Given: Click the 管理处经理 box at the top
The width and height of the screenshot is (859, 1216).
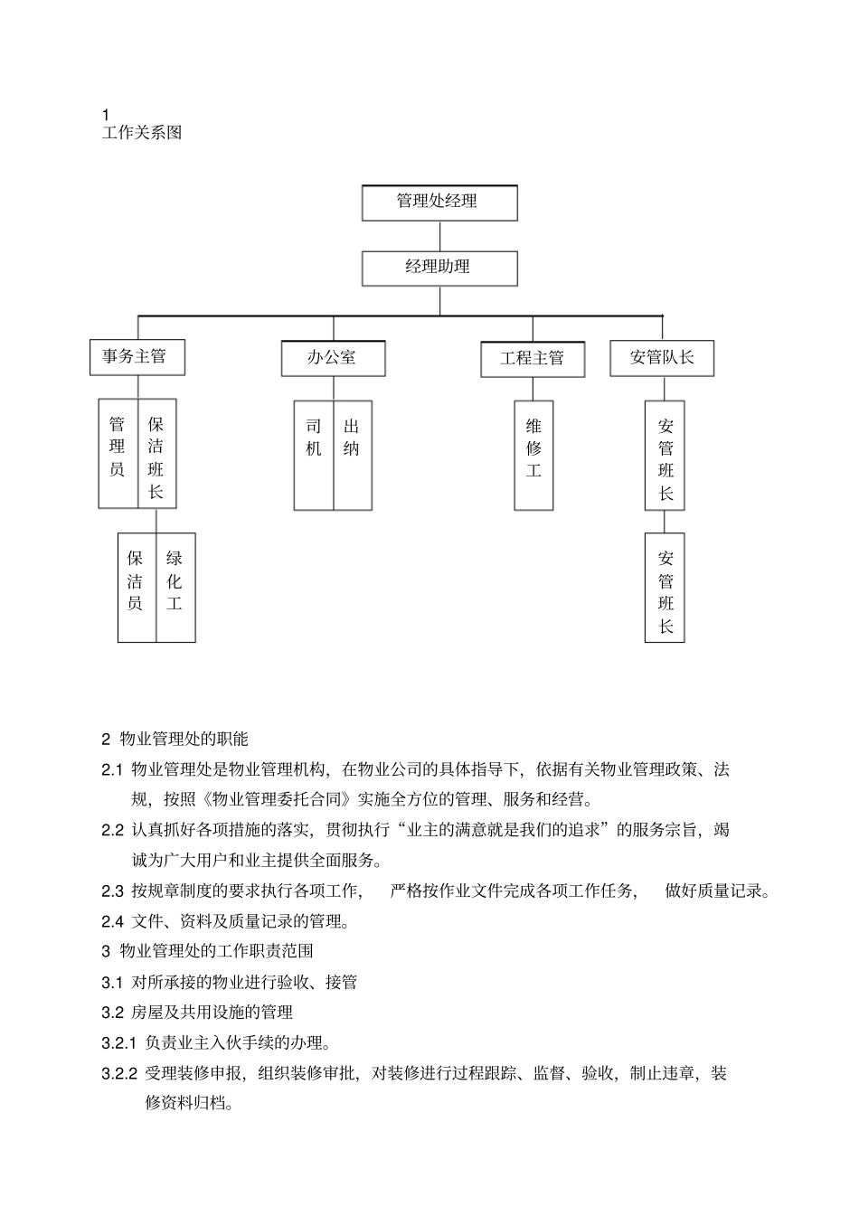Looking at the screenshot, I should click(439, 203).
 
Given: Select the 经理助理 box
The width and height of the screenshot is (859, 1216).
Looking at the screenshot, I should click(439, 269).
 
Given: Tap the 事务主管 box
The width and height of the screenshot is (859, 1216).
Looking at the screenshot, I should click(137, 357).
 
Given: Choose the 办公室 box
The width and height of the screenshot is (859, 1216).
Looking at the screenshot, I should click(333, 358).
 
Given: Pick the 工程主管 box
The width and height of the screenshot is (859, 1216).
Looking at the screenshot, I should click(533, 359).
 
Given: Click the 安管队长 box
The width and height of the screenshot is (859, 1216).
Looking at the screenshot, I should click(663, 358).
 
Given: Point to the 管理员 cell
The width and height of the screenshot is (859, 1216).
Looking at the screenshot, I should click(118, 453).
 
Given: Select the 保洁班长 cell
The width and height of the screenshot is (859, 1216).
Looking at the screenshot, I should click(156, 453).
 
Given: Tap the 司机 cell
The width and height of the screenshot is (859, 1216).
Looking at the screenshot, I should click(314, 455).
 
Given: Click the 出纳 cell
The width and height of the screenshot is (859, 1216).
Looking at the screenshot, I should click(352, 455).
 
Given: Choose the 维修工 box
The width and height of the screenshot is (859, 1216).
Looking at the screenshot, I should click(533, 455).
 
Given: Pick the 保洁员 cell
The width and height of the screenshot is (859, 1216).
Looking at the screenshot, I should click(137, 587).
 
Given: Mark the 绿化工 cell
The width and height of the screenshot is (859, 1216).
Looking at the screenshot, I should click(175, 587).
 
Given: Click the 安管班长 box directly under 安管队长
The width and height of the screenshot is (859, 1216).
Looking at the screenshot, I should click(665, 456).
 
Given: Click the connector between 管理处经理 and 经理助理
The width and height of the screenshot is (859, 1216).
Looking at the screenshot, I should click(439, 236).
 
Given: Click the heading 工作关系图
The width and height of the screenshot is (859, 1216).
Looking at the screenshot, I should click(142, 133).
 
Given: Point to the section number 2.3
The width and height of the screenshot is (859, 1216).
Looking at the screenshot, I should click(112, 891).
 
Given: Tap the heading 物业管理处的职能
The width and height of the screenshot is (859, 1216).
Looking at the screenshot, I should click(184, 740).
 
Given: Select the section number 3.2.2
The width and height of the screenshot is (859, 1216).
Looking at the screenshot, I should click(119, 1074).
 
